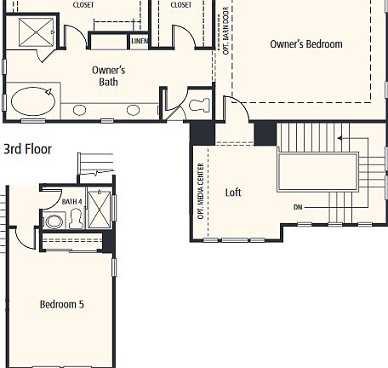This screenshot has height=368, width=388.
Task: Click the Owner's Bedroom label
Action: [305, 43]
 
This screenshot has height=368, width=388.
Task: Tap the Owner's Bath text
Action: [110, 77]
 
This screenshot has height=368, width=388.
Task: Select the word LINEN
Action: [140, 40]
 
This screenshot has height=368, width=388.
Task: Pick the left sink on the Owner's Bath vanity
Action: [80, 109]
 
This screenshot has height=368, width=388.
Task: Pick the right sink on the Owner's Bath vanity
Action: [133, 109]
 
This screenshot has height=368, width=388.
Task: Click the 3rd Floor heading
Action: [27, 149]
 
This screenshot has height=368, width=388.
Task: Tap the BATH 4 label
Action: [71, 201]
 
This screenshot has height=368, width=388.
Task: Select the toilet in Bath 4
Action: [75, 221]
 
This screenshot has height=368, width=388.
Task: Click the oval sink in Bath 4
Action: [54, 221]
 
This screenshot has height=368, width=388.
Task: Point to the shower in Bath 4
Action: [99, 206]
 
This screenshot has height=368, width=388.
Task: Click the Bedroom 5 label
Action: [61, 303]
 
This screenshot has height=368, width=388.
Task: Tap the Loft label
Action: [232, 193]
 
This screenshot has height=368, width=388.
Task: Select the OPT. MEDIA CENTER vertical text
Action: [202, 191]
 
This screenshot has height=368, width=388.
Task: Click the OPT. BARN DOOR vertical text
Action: [225, 32]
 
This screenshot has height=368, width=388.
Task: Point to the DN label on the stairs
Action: [298, 207]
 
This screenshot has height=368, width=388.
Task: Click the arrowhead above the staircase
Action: [340, 136]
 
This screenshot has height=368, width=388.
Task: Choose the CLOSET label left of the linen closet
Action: [83, 5]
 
